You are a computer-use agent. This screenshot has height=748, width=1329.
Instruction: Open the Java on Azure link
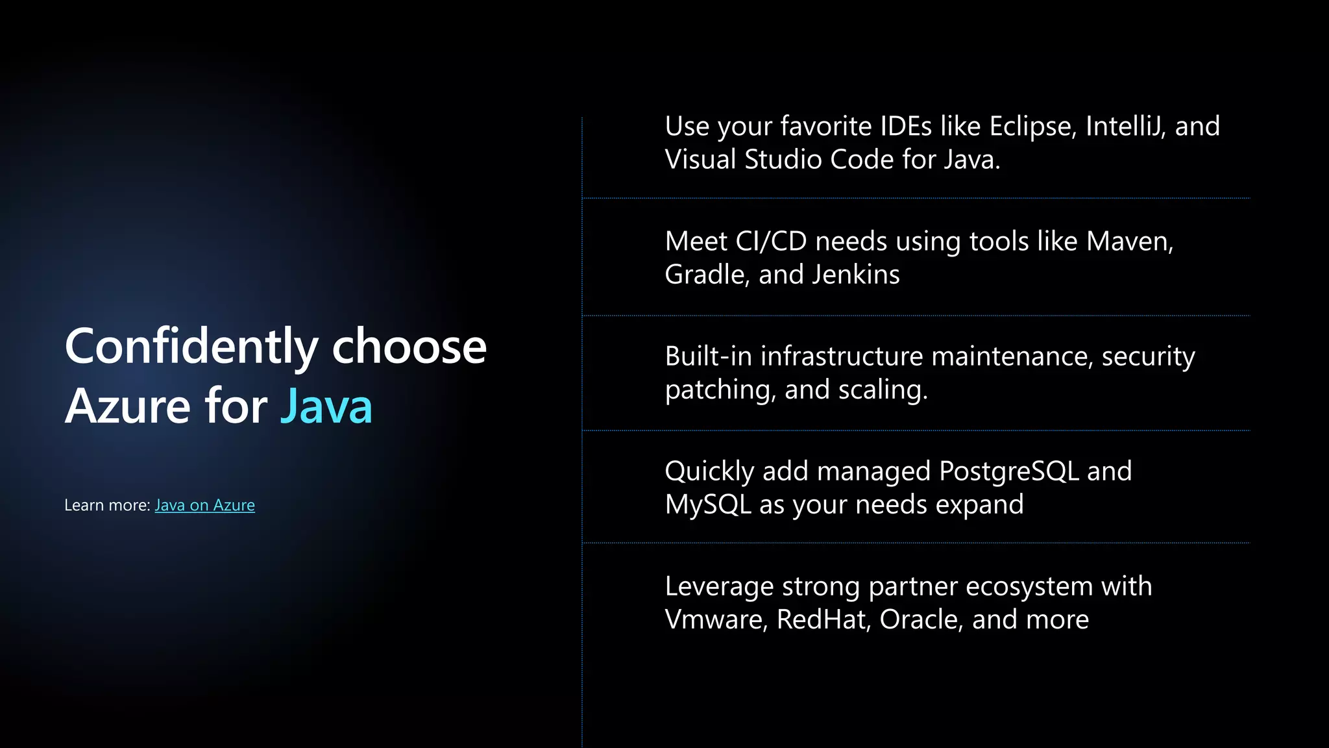pos(204,505)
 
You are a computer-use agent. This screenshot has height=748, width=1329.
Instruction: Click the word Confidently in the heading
pos(191,347)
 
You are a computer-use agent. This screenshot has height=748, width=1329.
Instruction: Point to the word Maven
pos(1129,242)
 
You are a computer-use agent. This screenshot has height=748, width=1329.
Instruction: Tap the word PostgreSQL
pos(1008,471)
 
